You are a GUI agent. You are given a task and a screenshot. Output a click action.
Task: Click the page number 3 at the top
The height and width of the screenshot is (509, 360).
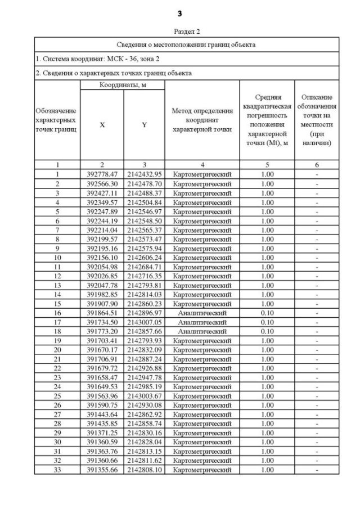[x=180, y=13]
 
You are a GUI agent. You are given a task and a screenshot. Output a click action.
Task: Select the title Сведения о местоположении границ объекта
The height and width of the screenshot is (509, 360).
[x=186, y=44]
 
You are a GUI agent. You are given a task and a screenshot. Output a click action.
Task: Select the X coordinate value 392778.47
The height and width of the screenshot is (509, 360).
[x=102, y=174]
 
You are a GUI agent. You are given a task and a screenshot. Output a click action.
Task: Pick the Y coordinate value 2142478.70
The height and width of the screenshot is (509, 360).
[x=144, y=184]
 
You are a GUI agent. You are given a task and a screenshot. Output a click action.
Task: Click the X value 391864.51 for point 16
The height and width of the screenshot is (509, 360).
[x=102, y=313]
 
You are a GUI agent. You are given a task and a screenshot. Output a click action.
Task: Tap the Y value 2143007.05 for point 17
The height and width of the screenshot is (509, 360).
[x=144, y=322]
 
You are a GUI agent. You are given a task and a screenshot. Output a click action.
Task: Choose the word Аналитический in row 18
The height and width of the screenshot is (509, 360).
[x=202, y=331]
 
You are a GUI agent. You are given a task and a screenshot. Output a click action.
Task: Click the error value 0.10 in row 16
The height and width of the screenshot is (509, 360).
[x=267, y=313]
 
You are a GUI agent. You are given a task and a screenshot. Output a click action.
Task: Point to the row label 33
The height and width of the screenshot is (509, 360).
[x=57, y=470]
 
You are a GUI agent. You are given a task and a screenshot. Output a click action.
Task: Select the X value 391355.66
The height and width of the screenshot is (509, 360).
[x=102, y=470]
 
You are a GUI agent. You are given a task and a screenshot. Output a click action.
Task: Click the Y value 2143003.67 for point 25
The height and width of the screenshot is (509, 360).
[x=144, y=396]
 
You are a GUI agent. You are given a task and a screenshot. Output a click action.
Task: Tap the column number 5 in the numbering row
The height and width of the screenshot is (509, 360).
[x=267, y=165]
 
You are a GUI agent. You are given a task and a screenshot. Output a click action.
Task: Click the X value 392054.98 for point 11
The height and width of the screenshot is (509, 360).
[x=102, y=267]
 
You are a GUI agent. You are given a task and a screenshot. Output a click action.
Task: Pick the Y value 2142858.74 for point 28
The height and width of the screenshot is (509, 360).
[x=144, y=424]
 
